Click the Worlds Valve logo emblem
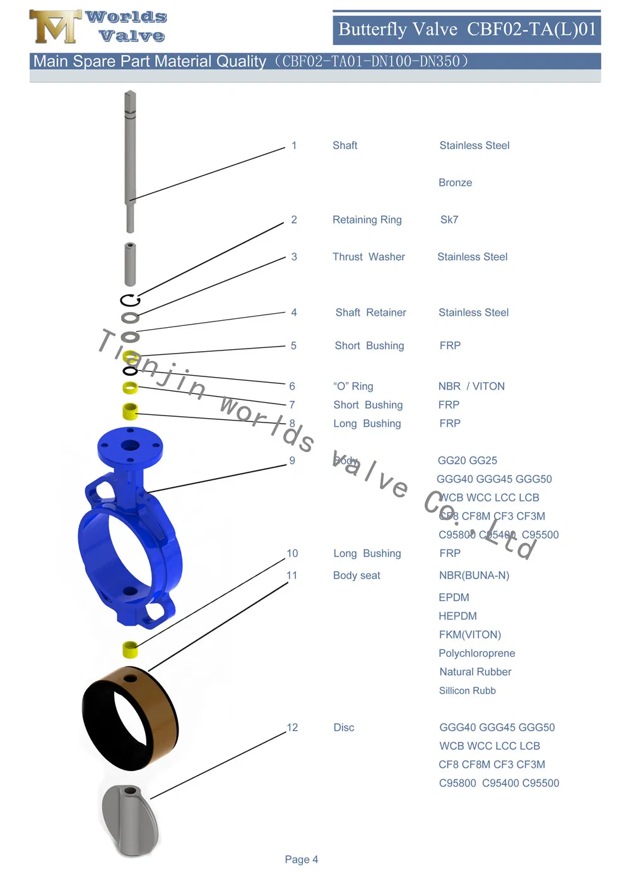[55, 27]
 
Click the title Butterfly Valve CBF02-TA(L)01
[467, 30]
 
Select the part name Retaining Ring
[367, 220]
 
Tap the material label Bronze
[455, 183]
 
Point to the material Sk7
[449, 220]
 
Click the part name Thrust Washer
[369, 257]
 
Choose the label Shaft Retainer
[370, 313]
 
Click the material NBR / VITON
[471, 387]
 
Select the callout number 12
[292, 728]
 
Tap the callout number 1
[294, 145]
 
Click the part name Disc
[344, 728]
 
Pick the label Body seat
[357, 575]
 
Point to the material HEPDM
[457, 616]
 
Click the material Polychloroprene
[477, 653]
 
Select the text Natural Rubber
[475, 672]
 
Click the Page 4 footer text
[301, 860]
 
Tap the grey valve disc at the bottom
[129, 821]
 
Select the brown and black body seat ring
[129, 720]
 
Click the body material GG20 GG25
[468, 460]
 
